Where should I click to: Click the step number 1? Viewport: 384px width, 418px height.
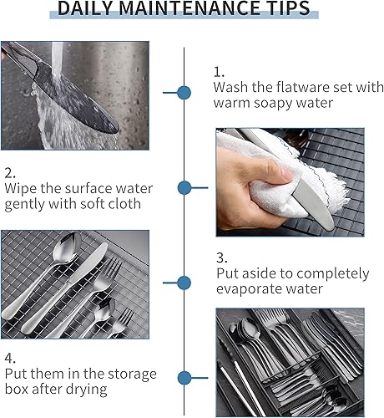point(219,72)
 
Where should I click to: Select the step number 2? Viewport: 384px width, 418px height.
point(10,173)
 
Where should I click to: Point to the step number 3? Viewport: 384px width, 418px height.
point(222,257)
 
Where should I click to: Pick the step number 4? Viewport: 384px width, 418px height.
point(10,359)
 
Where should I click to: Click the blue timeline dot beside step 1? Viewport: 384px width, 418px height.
point(184,93)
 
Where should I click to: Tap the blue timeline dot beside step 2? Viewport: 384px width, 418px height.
point(184,187)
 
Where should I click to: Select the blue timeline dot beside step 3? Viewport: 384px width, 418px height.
point(184,283)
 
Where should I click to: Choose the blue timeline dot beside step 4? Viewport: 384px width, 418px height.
point(184,378)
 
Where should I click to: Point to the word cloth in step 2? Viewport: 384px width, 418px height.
point(124,204)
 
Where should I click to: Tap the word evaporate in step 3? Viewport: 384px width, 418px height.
point(247,289)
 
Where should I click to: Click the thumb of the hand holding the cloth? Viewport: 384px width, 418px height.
point(274,169)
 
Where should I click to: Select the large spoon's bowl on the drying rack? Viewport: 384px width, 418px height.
point(67,248)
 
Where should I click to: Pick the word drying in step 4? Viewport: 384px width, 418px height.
point(88,390)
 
